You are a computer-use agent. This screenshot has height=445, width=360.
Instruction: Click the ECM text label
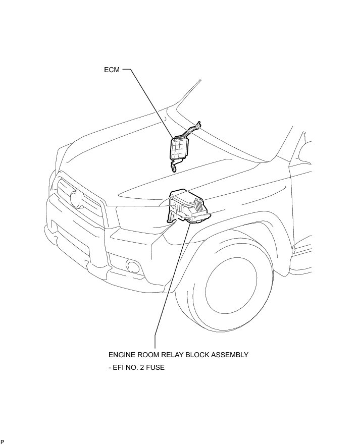112,70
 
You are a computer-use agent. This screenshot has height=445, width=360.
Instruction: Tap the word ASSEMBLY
232,355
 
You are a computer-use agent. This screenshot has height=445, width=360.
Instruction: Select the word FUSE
154,367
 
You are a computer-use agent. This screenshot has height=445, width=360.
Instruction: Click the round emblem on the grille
78,199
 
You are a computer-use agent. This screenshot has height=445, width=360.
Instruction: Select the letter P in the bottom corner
2,441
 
